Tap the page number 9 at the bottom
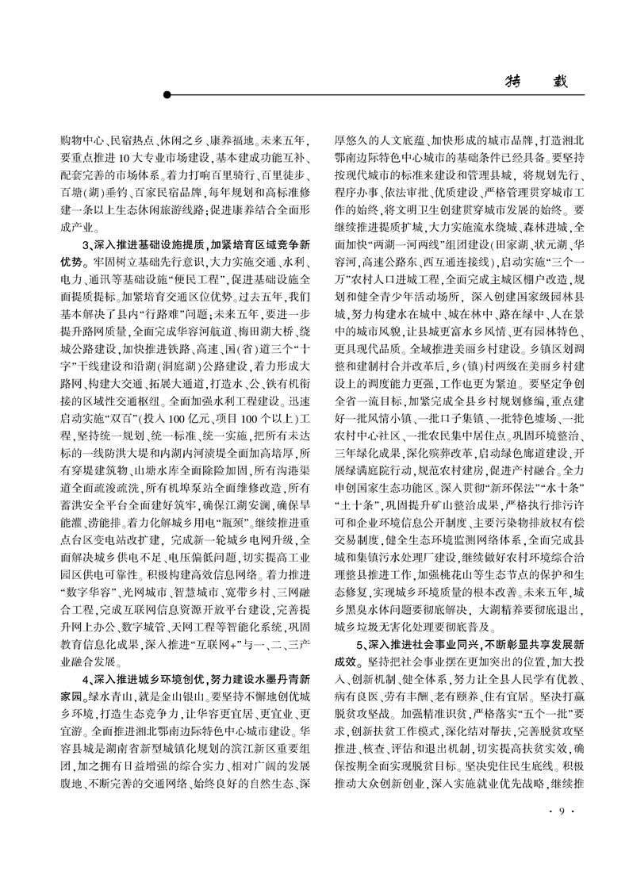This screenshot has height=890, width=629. click(561, 810)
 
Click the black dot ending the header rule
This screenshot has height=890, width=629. click(167, 95)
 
